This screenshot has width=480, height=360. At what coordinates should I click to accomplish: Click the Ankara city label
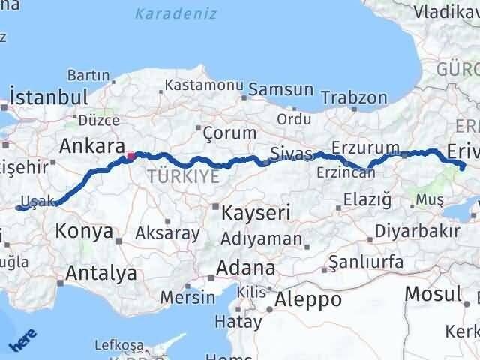tap(91, 145)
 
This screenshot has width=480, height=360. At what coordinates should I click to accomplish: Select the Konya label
tap(82, 231)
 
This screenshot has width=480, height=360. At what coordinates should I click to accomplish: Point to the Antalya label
tap(100, 273)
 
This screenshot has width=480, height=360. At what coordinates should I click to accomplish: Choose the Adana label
tap(245, 268)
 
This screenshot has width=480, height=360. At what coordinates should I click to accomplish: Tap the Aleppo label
tap(308, 299)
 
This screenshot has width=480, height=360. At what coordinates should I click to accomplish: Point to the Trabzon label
tap(354, 97)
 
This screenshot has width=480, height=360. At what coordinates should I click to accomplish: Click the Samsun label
tap(280, 89)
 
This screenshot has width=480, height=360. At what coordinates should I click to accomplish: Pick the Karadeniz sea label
tap(176, 13)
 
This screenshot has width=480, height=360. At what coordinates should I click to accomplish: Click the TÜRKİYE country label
tap(184, 177)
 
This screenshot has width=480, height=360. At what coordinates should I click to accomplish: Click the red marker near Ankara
tap(130, 157)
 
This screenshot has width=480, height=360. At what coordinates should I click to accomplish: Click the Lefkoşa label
tap(118, 345)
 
